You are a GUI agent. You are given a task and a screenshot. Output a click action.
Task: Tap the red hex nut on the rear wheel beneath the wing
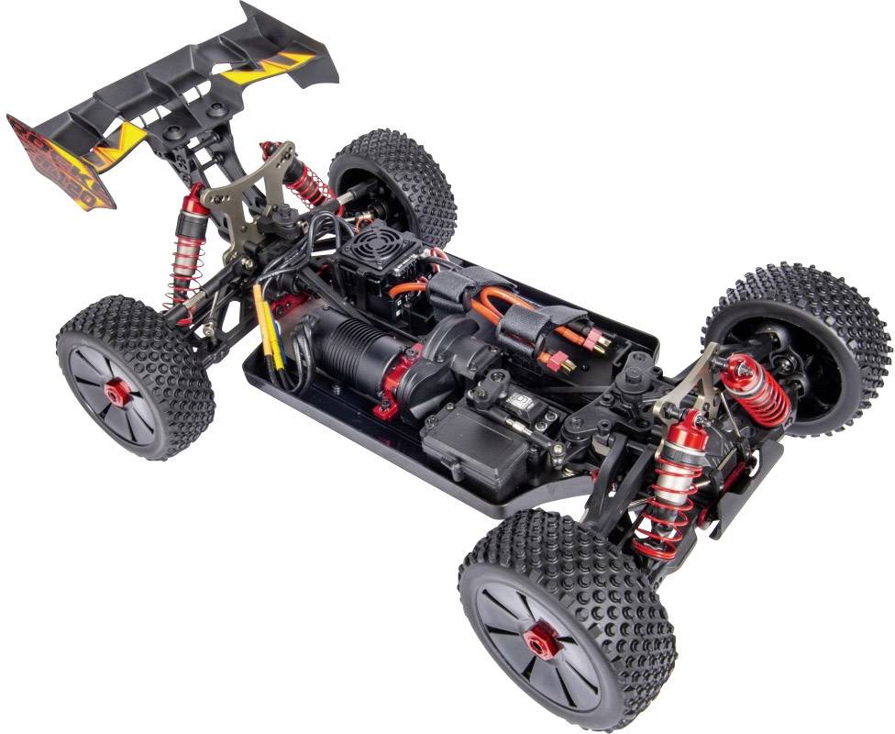(117, 395)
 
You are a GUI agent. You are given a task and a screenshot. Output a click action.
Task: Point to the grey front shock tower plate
(691, 375)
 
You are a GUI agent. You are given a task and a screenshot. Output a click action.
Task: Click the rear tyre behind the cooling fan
(397, 179)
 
